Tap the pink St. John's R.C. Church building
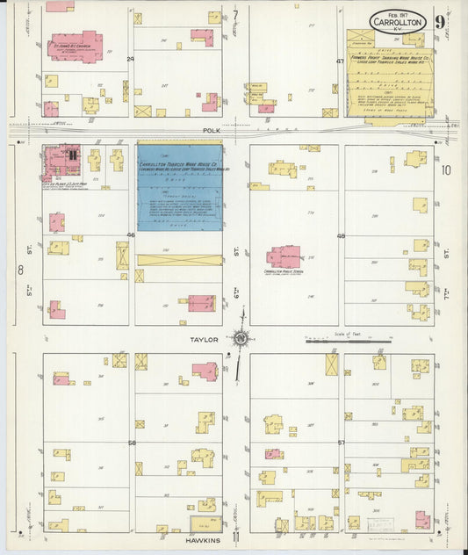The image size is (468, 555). pyautogui.click(x=76, y=46)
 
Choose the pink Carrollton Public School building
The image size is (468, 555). pyautogui.click(x=284, y=256)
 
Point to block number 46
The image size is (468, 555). pyautogui.click(x=131, y=235)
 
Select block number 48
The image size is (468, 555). pyautogui.click(x=341, y=235)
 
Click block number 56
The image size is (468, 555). pyautogui.click(x=132, y=443)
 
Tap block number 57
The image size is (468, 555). pyautogui.click(x=341, y=443)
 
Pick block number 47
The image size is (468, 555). pyautogui.click(x=340, y=61)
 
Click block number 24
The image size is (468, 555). pyautogui.click(x=131, y=59)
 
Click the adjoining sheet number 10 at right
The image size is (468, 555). pyautogui.click(x=446, y=170)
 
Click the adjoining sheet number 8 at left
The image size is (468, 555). pyautogui.click(x=20, y=270)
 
